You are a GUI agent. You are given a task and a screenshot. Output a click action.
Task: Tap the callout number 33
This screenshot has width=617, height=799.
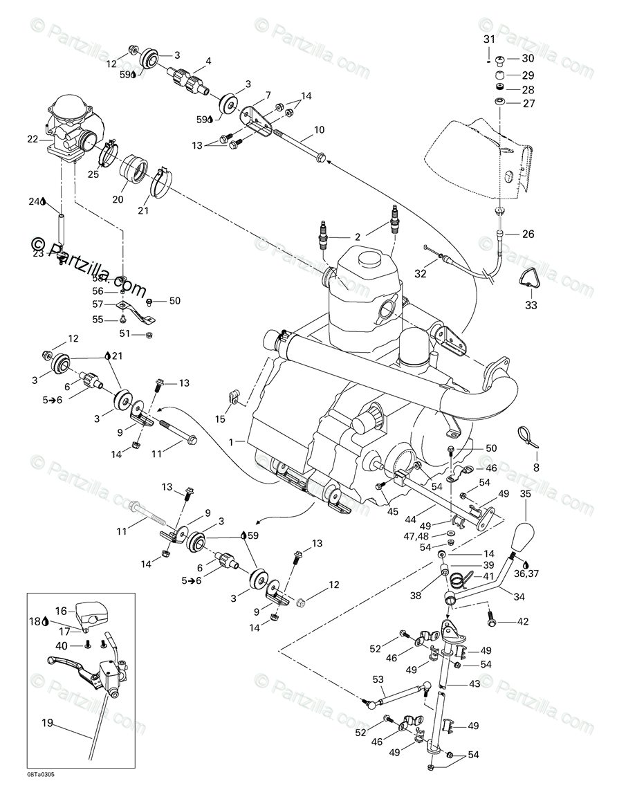(x=530, y=304)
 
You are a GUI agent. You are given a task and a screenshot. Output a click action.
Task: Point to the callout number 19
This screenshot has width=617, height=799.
(x=47, y=724)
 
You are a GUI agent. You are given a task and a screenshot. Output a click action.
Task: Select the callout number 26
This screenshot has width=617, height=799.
(x=528, y=234)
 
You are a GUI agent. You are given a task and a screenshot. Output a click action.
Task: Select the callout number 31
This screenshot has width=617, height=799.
(x=489, y=39)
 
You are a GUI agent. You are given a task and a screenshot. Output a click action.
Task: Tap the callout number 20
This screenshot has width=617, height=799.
(x=118, y=199)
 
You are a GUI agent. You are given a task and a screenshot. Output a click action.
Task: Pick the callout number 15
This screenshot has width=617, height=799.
(x=220, y=419)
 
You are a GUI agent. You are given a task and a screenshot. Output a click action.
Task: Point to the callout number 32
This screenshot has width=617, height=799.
(x=420, y=273)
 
